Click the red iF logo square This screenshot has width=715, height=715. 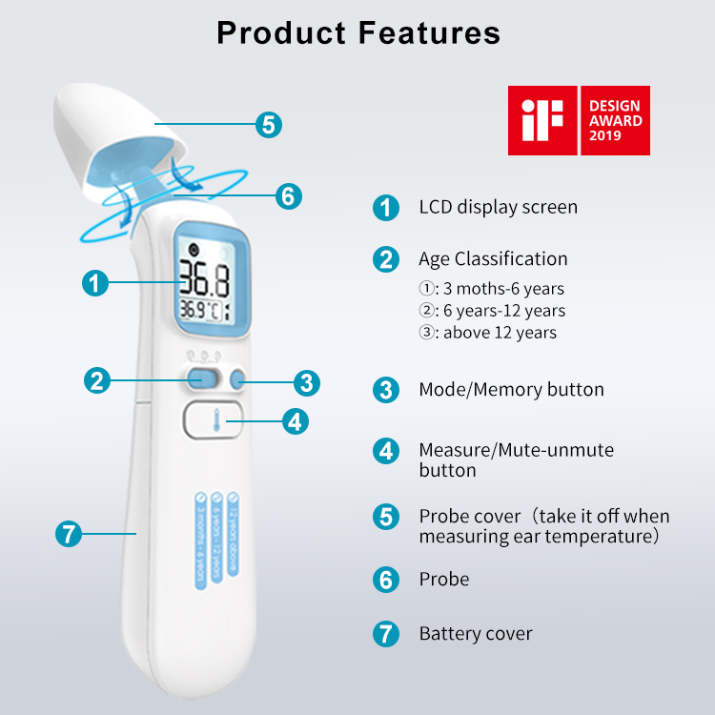[542, 120]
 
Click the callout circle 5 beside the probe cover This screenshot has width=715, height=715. [269, 124]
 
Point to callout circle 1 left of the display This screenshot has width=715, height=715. [94, 282]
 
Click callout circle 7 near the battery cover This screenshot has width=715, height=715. [69, 534]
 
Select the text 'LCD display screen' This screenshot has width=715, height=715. [498, 207]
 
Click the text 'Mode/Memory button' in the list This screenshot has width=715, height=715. [511, 389]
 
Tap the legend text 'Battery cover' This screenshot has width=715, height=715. [476, 633]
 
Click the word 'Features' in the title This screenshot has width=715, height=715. [429, 32]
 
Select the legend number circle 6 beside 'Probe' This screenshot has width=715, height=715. [385, 580]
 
